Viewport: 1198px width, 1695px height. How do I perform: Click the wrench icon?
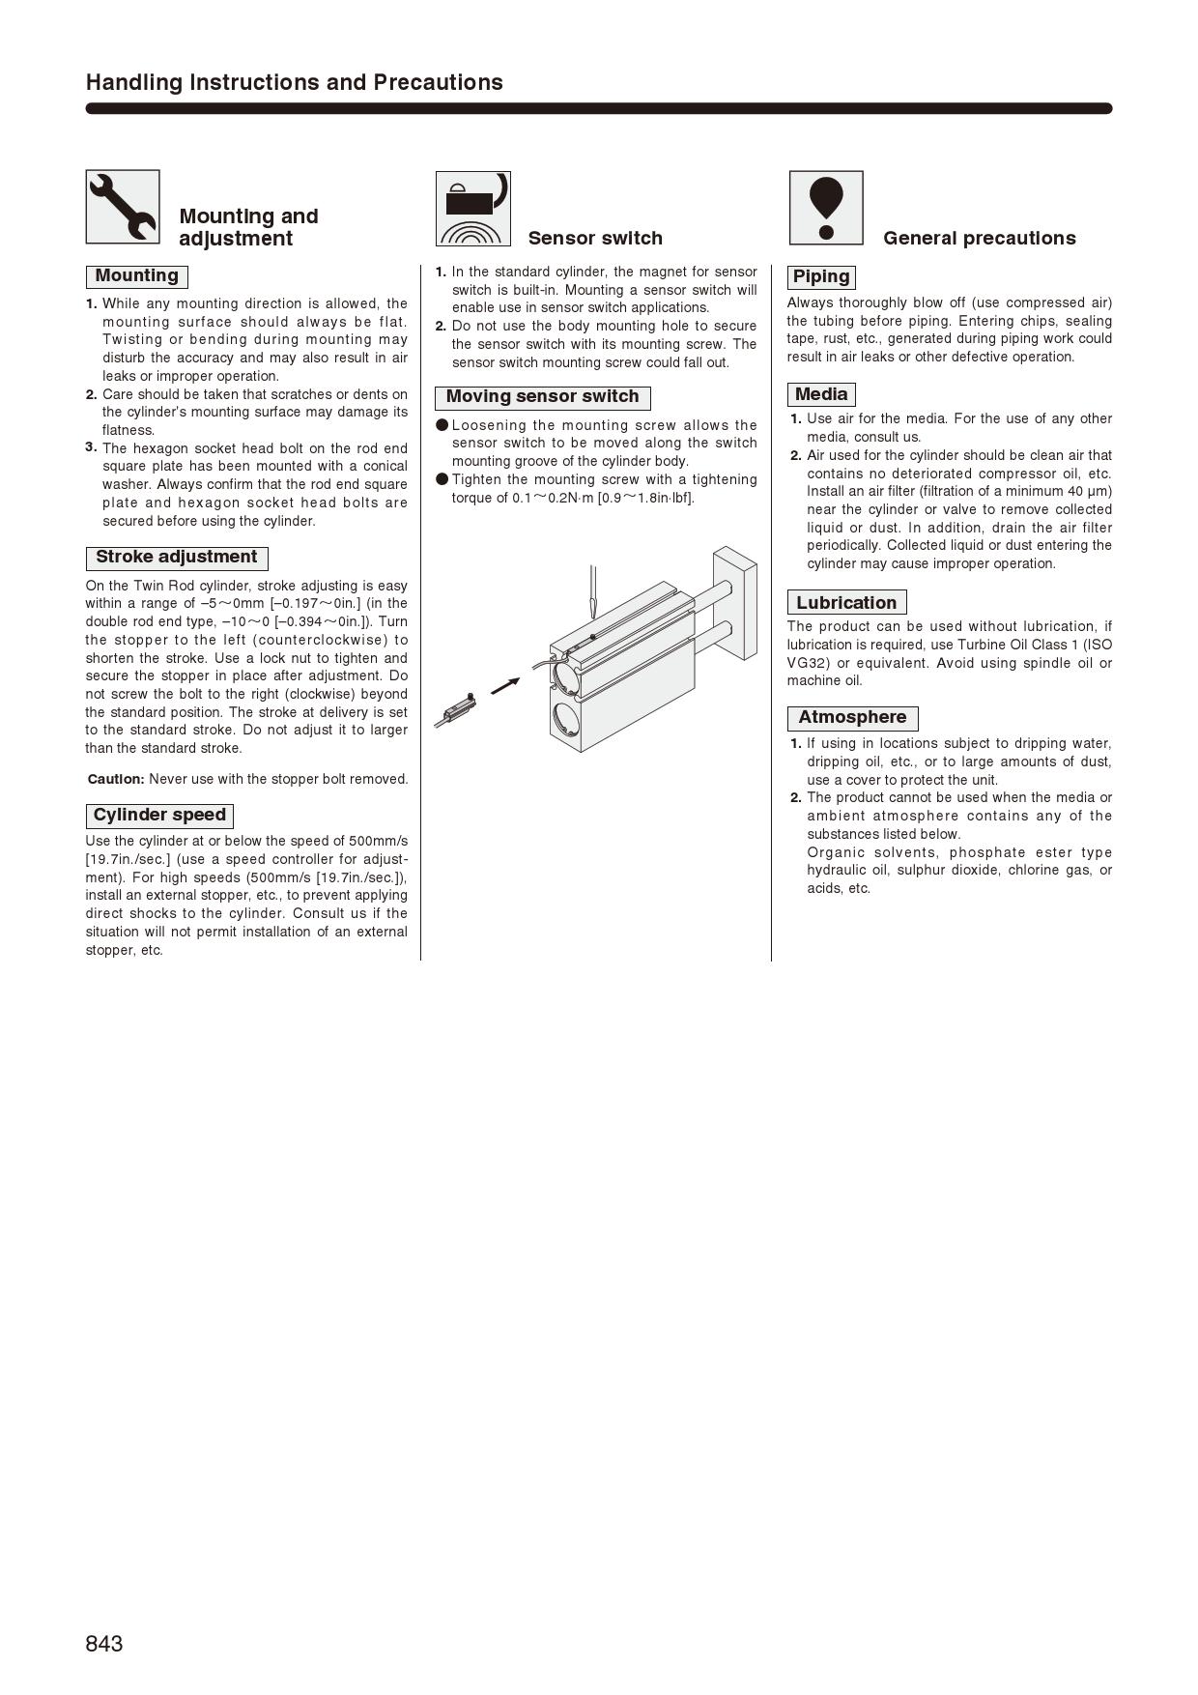(x=123, y=207)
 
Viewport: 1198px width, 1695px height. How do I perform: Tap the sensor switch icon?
(x=472, y=209)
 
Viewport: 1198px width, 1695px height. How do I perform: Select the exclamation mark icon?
(x=826, y=208)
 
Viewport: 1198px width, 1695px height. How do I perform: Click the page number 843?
(x=104, y=1644)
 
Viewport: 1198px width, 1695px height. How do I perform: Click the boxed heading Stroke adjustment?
(x=177, y=558)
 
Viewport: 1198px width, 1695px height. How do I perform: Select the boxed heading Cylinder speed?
(x=159, y=816)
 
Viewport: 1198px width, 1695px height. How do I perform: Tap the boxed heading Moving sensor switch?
(x=542, y=397)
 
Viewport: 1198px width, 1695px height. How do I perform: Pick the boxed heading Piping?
(x=821, y=277)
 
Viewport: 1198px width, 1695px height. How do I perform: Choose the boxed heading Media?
(x=821, y=394)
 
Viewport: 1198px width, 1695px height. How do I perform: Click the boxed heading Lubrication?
(x=846, y=603)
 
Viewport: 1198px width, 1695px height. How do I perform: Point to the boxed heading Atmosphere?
(x=852, y=718)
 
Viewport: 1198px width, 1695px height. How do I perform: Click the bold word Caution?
(x=116, y=779)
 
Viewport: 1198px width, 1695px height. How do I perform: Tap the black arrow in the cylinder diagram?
(x=504, y=685)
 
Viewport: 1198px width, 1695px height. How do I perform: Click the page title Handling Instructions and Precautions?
(x=295, y=82)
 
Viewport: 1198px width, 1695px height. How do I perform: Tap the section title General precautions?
(x=979, y=239)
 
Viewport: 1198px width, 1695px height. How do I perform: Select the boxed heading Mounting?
(x=137, y=276)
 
